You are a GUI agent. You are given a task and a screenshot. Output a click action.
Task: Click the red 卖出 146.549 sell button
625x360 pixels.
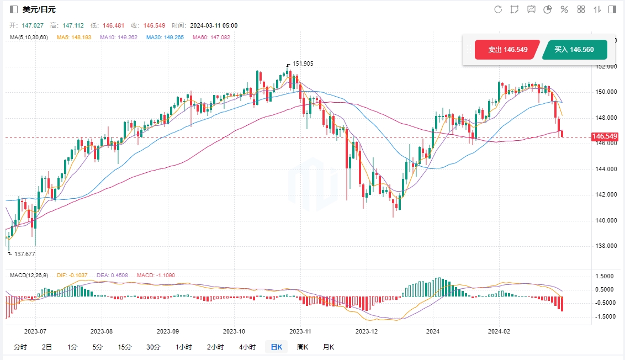click(501, 50)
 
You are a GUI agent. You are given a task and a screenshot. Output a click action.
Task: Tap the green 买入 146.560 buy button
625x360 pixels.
click(574, 50)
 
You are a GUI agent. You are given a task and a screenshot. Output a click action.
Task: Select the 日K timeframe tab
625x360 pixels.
click(276, 347)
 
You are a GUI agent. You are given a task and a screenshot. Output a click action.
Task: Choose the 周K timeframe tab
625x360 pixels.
click(303, 347)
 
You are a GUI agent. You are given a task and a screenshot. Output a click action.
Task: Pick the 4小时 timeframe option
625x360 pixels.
click(247, 347)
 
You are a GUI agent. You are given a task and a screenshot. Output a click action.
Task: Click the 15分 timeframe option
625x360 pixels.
click(125, 347)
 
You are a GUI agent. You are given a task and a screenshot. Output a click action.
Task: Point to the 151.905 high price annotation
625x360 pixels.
click(303, 63)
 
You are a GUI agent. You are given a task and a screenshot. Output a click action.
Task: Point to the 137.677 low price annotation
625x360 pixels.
click(24, 254)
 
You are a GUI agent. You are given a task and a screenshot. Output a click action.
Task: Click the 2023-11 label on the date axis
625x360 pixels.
click(300, 332)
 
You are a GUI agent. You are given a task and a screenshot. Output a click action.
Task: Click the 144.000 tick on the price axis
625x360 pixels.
click(606, 169)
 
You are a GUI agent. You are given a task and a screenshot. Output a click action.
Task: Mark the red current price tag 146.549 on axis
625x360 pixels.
click(604, 136)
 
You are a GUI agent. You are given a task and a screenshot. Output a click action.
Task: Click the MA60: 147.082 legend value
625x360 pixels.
click(211, 38)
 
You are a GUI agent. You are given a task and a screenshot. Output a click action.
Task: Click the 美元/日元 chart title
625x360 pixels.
click(39, 9)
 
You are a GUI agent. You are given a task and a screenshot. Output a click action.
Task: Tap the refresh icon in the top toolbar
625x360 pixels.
click(498, 9)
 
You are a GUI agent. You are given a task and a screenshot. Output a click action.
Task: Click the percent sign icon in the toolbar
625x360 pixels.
click(564, 9)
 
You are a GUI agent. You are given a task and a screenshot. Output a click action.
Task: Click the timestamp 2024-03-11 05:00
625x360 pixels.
click(214, 25)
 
